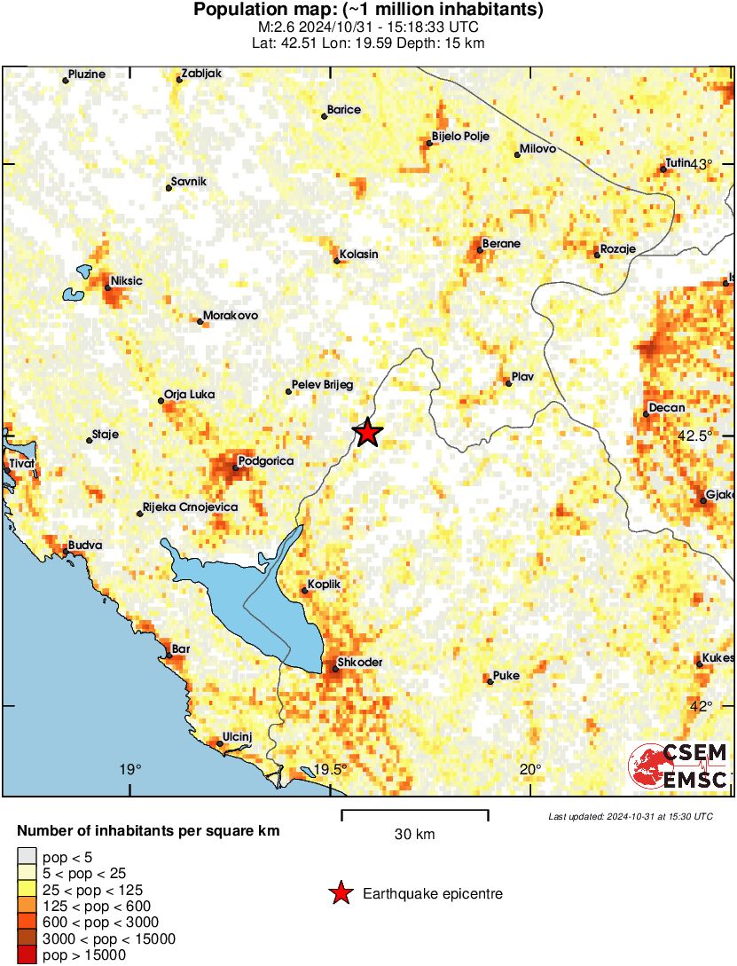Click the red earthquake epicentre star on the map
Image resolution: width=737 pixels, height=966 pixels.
pos(367,432)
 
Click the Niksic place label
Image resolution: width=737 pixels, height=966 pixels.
pos(126,281)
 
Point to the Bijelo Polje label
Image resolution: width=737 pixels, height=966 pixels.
pos(460,136)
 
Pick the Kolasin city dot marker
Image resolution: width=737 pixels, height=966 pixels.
pos(336,261)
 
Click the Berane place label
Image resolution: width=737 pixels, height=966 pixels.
pos(501,244)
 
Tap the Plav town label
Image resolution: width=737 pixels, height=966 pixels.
pos(523,377)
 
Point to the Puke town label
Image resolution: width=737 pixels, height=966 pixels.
pos(506,675)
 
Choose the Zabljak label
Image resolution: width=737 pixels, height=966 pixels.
pos(200,74)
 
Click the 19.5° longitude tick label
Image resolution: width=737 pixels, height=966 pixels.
pos(331,769)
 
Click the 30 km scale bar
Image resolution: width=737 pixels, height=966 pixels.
pos(414,812)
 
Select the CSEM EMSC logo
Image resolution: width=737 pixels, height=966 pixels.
pos(678,767)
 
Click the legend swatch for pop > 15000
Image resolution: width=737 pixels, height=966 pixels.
pos(27,955)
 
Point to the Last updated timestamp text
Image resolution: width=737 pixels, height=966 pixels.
pos(630,816)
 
